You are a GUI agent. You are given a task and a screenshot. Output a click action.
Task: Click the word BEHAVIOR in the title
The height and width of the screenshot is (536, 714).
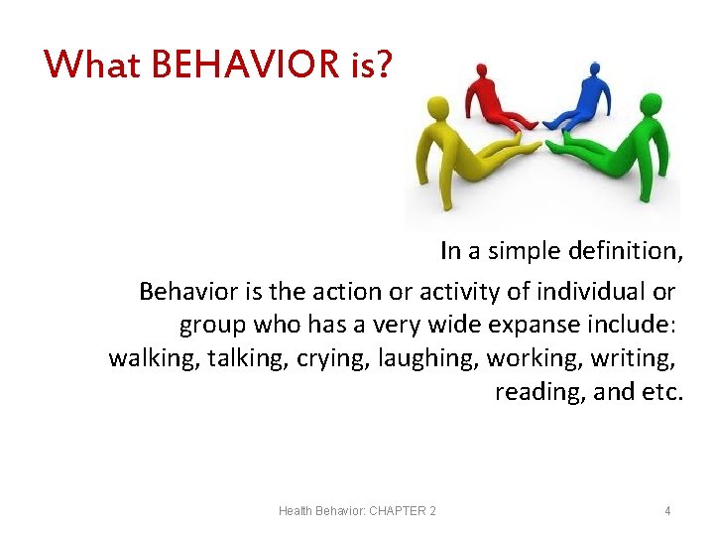point(245,66)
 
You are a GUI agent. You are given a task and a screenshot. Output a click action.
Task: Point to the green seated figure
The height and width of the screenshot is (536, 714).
point(620,149)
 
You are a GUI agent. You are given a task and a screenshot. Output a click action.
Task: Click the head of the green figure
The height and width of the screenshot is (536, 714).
point(651,104)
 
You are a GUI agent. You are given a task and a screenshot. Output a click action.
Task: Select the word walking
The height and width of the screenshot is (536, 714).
point(150,357)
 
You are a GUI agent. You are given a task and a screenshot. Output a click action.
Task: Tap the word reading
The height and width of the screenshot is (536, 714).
point(538,392)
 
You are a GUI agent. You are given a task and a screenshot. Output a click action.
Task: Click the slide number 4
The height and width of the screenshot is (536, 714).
point(667,511)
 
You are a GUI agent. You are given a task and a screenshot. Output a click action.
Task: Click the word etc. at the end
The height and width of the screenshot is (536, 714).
point(662,392)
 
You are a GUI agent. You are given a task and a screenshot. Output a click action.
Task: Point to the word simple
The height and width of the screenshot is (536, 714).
point(524,252)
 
